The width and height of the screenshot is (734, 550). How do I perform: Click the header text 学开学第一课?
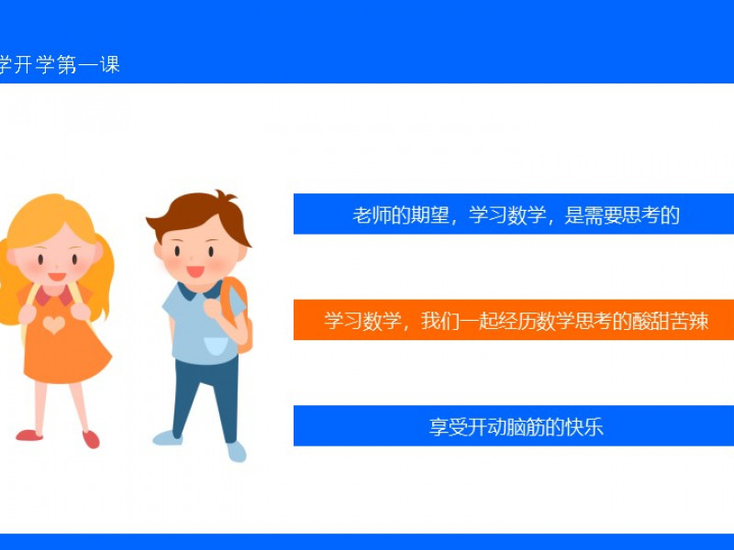[x=60, y=64]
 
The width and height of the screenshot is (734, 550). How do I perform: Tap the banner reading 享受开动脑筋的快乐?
[x=514, y=425]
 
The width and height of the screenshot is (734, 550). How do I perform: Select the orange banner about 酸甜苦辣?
[x=514, y=320]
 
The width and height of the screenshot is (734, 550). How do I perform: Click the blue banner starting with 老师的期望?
[x=514, y=214]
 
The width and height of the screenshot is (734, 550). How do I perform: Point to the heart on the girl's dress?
[x=54, y=324]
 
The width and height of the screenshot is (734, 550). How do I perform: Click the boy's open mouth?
[x=195, y=271]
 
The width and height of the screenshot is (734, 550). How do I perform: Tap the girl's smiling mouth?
[x=57, y=277]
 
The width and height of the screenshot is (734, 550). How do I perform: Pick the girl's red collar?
[x=55, y=294]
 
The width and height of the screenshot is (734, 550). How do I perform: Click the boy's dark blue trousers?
[x=206, y=398]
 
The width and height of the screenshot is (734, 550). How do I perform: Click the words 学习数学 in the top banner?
[x=507, y=215]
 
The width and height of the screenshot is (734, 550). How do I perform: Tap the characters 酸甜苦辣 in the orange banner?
[x=670, y=321]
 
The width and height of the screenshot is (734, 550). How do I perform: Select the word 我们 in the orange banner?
[x=440, y=321]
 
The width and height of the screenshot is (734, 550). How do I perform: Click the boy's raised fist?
[x=213, y=309]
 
